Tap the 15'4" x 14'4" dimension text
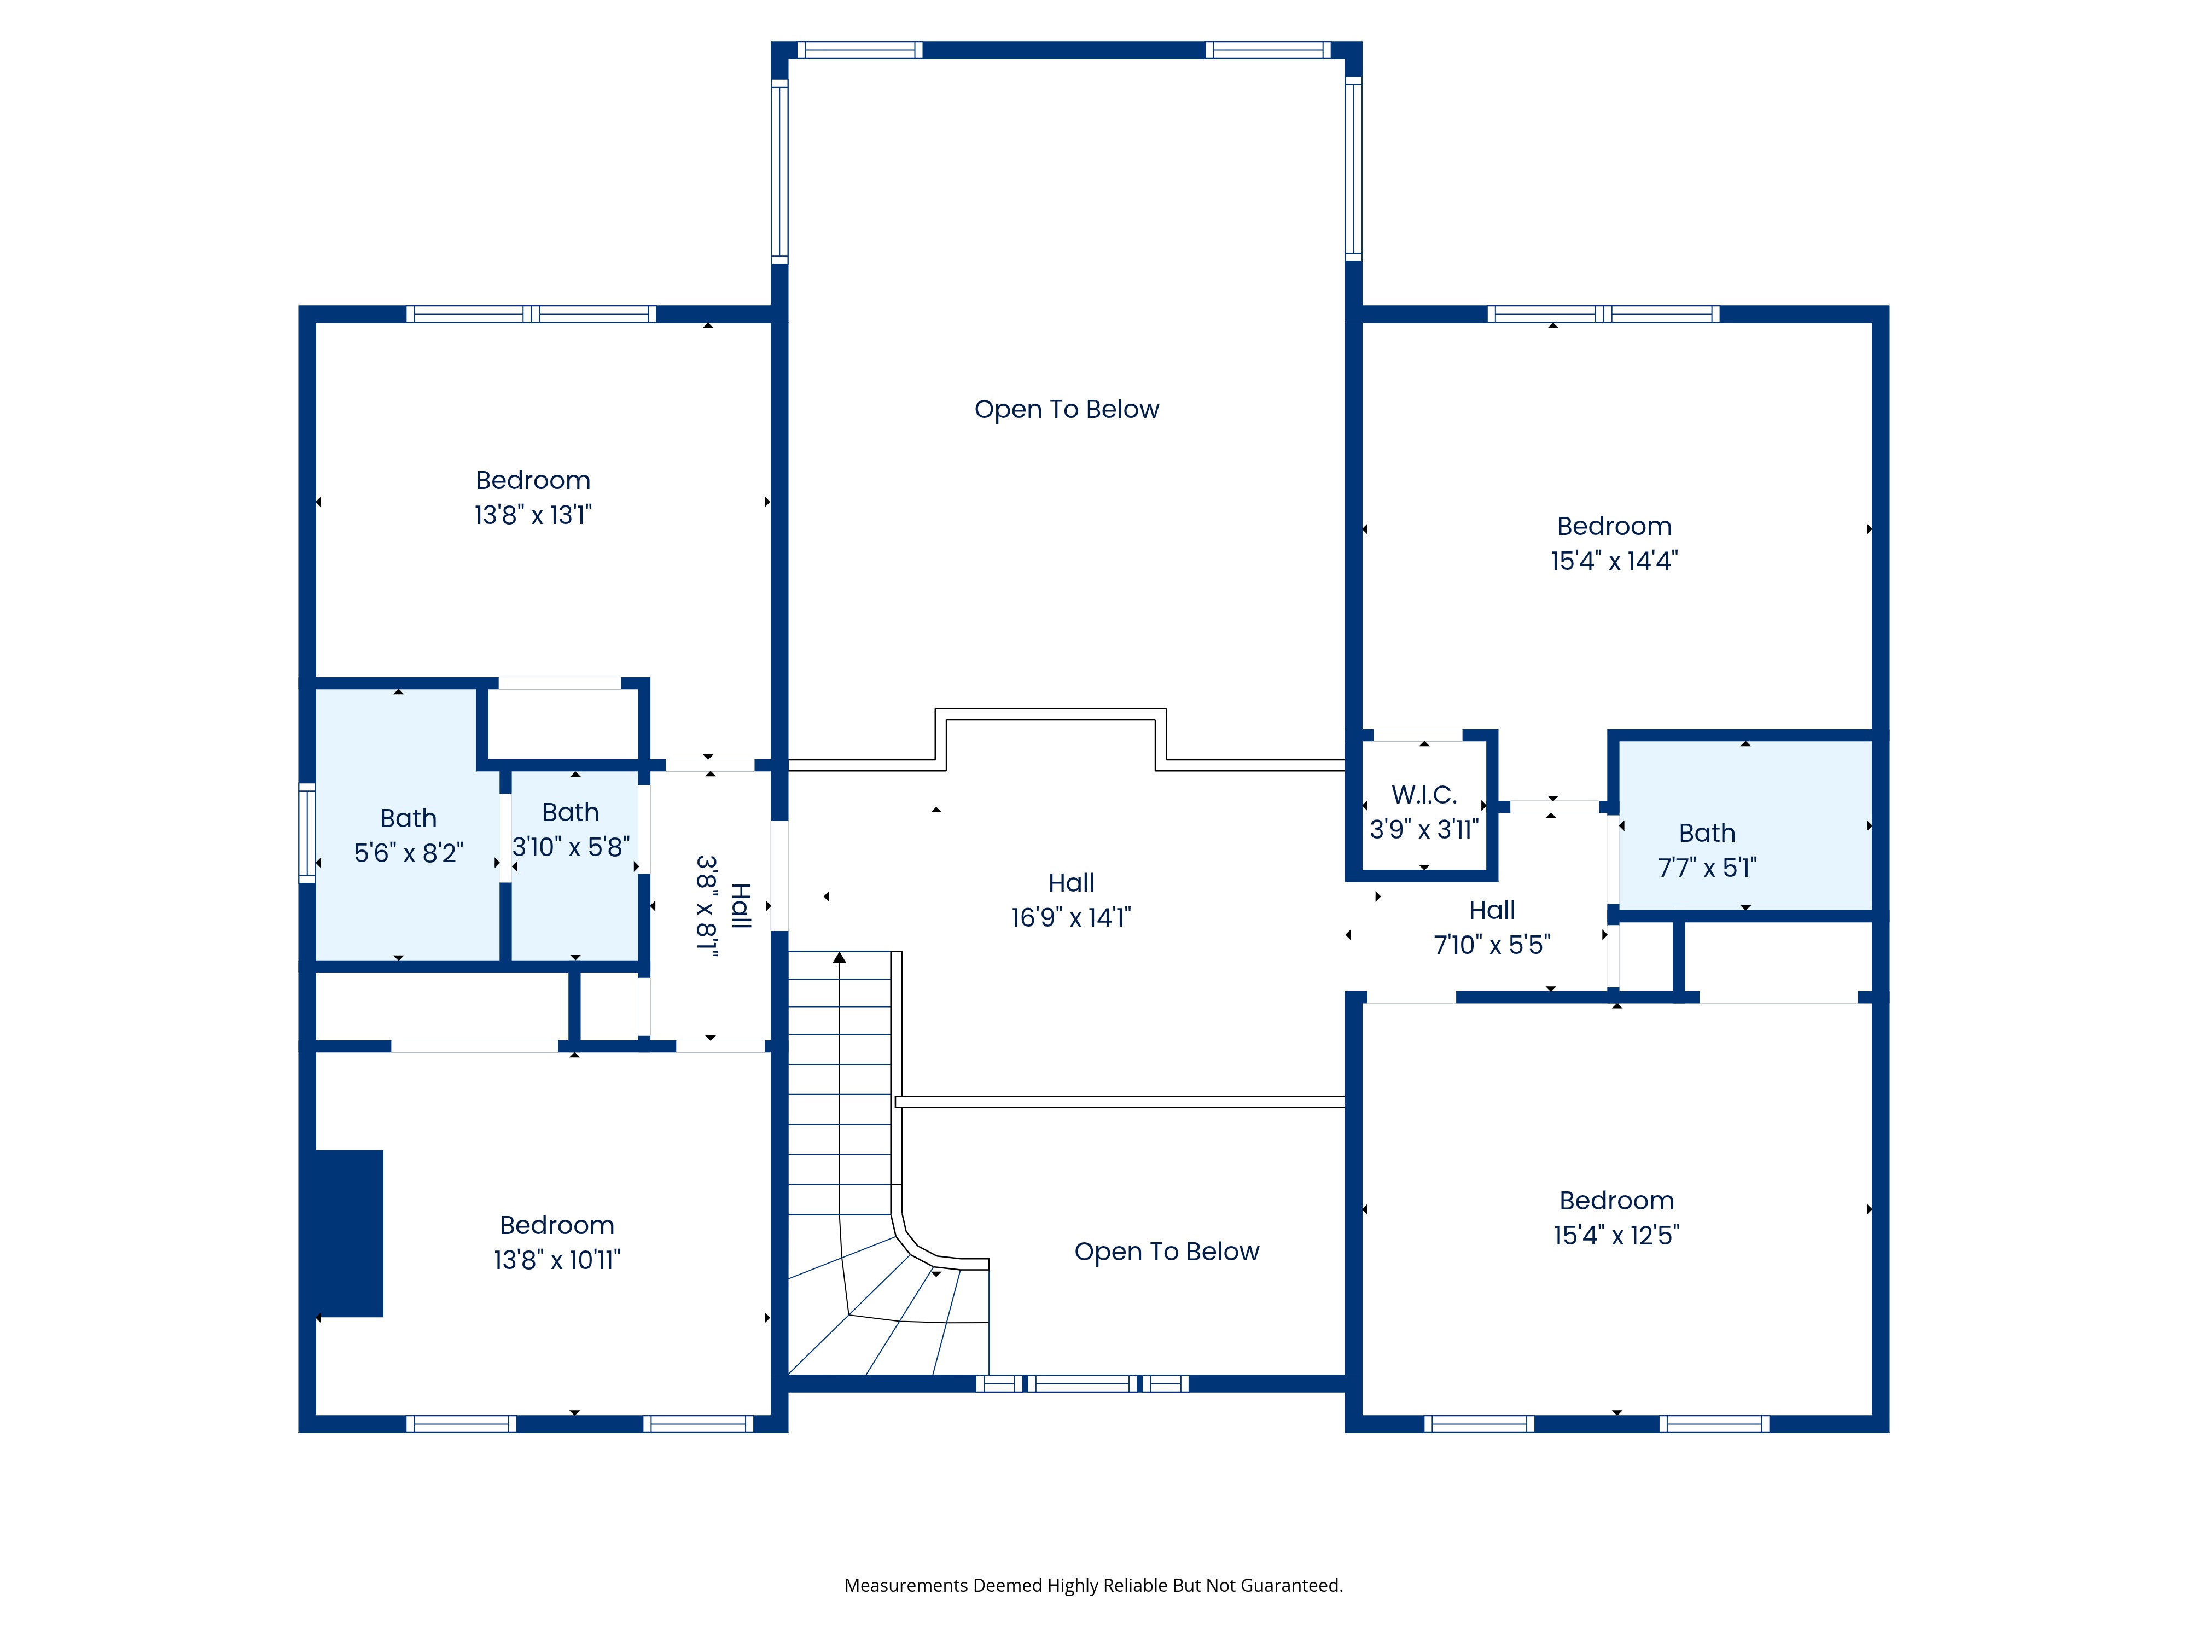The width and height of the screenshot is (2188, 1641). (x=1614, y=561)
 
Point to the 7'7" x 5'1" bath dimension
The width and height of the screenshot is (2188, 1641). (x=1707, y=868)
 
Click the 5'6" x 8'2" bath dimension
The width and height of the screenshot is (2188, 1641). (x=409, y=853)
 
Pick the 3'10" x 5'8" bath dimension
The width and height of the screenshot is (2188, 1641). (x=571, y=847)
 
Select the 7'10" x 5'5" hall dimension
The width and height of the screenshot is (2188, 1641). (x=1493, y=945)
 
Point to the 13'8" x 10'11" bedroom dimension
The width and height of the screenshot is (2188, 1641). (x=557, y=1259)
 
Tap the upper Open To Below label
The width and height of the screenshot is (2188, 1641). (x=1066, y=410)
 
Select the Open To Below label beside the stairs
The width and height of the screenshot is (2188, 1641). (x=1167, y=1252)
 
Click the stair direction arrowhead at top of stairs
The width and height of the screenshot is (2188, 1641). (x=840, y=957)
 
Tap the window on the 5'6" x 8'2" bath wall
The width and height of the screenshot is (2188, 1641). (x=307, y=833)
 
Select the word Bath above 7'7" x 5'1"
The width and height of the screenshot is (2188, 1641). (x=1707, y=833)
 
